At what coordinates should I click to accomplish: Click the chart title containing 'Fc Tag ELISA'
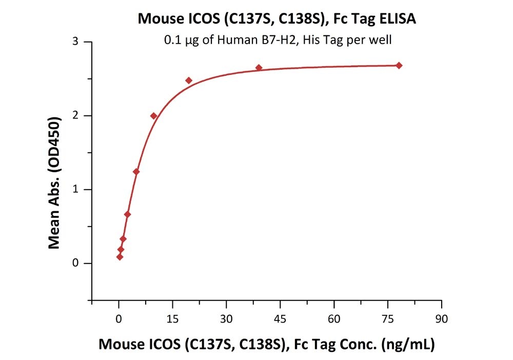pyautogui.click(x=277, y=19)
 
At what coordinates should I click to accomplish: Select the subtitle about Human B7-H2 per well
pyautogui.click(x=278, y=40)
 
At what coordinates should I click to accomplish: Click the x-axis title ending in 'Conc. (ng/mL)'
pyautogui.click(x=266, y=345)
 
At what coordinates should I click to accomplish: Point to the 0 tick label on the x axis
pyautogui.click(x=119, y=318)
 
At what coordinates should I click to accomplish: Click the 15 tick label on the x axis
pyautogui.click(x=172, y=318)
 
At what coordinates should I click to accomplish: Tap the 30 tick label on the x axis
pyautogui.click(x=226, y=318)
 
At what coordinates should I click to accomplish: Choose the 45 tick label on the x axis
pyautogui.click(x=280, y=318)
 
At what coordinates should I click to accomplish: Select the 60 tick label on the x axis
pyautogui.click(x=334, y=318)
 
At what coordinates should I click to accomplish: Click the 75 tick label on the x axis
pyautogui.click(x=388, y=318)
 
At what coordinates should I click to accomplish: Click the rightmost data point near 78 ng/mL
pyautogui.click(x=399, y=66)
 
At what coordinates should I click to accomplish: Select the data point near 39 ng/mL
pyautogui.click(x=259, y=68)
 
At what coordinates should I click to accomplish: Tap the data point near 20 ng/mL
pyautogui.click(x=189, y=81)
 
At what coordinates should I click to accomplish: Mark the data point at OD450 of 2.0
pyautogui.click(x=153, y=116)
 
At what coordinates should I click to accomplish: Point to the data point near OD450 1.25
pyautogui.click(x=136, y=172)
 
